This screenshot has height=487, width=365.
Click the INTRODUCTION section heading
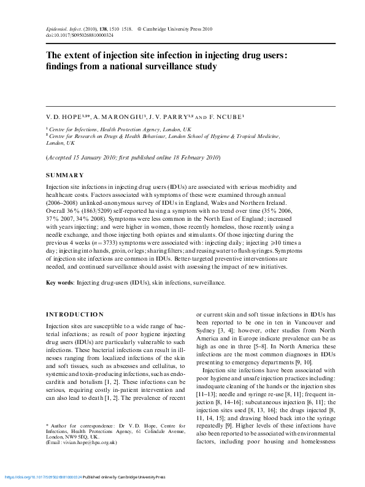[x=75, y=313]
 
